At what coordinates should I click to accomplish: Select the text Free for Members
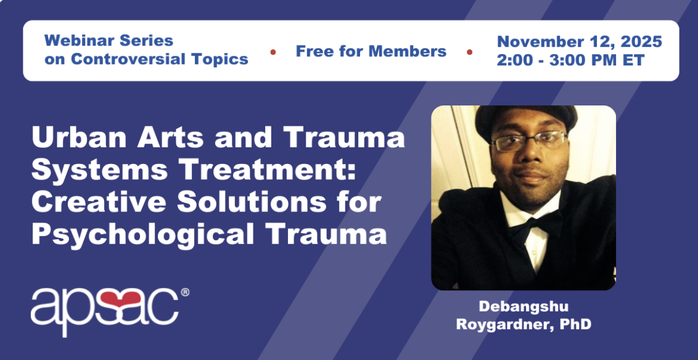tap(371, 51)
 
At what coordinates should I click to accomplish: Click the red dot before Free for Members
tap(273, 52)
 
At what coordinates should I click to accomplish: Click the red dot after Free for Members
tap(469, 52)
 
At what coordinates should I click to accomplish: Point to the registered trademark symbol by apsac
tap(185, 292)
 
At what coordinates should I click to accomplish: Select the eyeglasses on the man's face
tap(528, 141)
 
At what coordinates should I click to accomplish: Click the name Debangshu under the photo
tap(523, 306)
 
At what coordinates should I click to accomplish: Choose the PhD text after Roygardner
tap(577, 324)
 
